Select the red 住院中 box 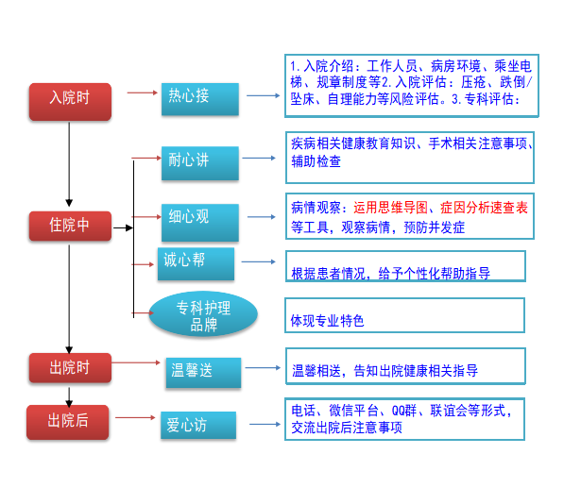click(70, 227)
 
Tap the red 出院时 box click(70, 368)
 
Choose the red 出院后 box click(68, 421)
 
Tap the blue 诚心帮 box click(195, 261)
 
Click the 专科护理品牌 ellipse click(203, 315)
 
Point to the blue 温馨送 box click(202, 372)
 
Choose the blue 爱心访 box click(197, 426)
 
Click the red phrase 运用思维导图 click(391, 207)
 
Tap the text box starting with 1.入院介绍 click(410, 82)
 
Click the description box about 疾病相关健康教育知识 click(409, 152)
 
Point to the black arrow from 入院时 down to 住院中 click(70, 164)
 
